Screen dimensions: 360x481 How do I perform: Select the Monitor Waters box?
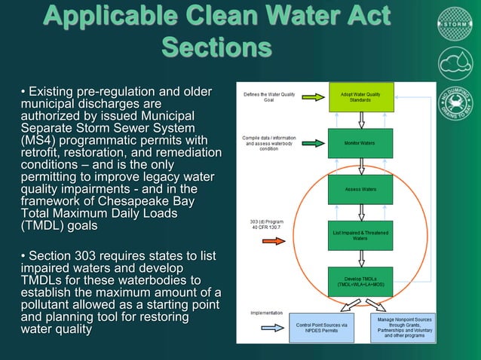(360, 143)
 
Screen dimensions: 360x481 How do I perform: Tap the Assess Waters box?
(360, 189)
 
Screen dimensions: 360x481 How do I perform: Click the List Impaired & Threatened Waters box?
(360, 236)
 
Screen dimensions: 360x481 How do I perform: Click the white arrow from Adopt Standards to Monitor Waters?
(360, 121)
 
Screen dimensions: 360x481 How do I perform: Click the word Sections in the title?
(216, 47)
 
